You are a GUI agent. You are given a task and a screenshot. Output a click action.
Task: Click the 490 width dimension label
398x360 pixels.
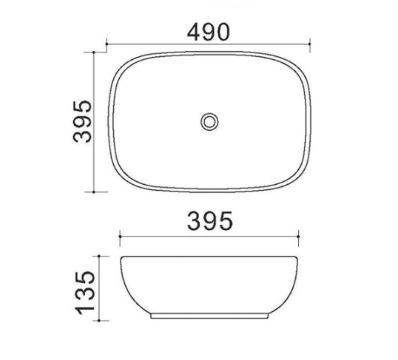click(209, 30)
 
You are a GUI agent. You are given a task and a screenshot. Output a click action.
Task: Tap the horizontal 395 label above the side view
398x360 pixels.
click(209, 220)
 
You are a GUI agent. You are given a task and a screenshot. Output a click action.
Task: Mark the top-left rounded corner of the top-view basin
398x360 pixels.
click(118, 63)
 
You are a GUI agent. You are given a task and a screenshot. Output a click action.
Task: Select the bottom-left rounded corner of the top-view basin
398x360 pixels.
click(118, 178)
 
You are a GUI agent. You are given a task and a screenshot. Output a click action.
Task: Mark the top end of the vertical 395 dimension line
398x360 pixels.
click(95, 52)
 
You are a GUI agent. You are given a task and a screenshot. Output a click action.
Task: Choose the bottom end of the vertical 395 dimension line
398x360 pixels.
click(95, 191)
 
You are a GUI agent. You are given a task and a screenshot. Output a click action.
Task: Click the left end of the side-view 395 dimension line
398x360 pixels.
click(121, 236)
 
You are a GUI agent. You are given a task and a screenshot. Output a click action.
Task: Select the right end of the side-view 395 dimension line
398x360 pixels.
click(299, 236)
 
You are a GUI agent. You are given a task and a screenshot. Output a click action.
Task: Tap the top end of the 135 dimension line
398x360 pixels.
click(98, 256)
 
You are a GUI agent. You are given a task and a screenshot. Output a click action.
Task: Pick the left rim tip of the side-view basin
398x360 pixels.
click(122, 257)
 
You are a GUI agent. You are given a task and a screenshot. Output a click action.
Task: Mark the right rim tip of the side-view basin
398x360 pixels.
click(298, 257)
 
